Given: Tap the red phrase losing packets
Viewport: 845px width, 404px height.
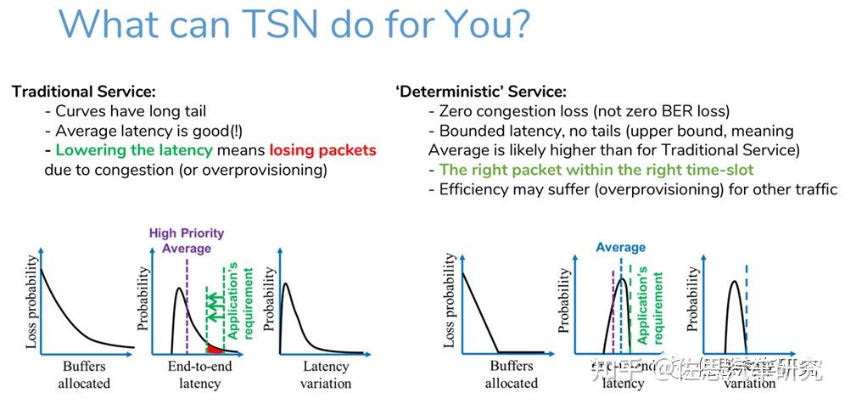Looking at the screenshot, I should tap(322, 149).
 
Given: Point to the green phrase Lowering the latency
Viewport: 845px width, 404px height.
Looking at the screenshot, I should tap(134, 149).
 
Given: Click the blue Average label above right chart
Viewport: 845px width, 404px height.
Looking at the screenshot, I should tap(620, 247).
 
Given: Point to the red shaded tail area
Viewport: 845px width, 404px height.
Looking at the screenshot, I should tap(215, 347).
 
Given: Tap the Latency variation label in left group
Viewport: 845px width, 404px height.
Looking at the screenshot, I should tap(325, 374).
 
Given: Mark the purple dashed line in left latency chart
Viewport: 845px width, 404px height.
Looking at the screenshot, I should tap(187, 306).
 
